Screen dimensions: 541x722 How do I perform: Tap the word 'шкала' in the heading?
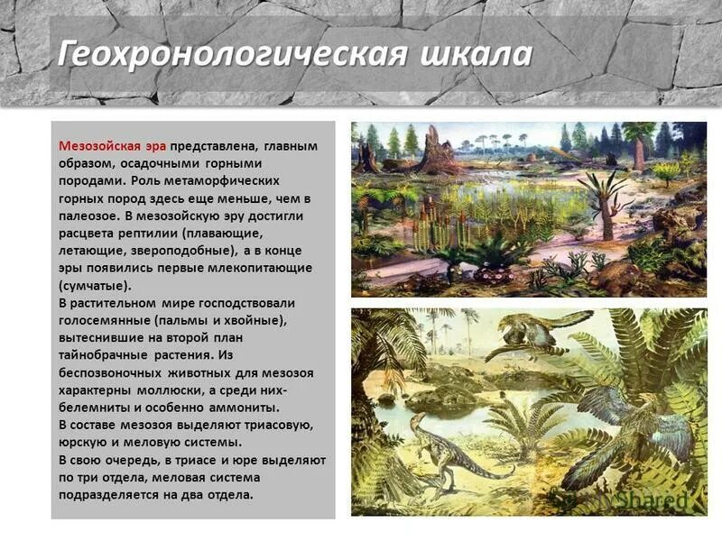(476, 54)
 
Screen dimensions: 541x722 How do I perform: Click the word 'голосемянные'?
(101, 320)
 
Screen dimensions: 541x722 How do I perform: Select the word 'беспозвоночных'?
(106, 372)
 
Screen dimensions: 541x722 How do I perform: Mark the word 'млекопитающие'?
(270, 268)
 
